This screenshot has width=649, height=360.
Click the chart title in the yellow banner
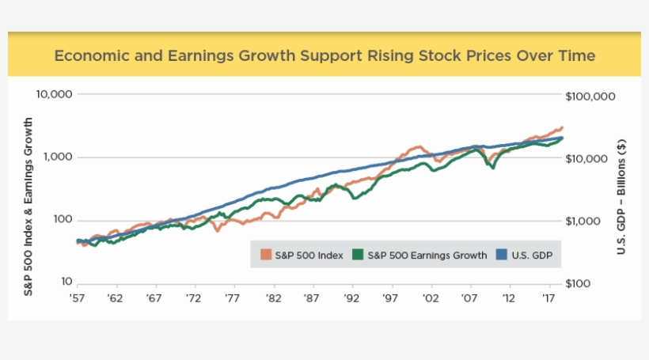324,56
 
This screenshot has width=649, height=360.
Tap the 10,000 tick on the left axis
55,94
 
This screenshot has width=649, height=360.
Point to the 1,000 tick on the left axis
58,157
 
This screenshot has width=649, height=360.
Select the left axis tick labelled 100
63,220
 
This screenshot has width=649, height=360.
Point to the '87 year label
311,299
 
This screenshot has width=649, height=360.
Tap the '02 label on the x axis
430,299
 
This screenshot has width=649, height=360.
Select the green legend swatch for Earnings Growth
359,255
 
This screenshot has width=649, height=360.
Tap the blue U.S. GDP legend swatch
500,255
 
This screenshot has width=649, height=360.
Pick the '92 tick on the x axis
351,299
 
